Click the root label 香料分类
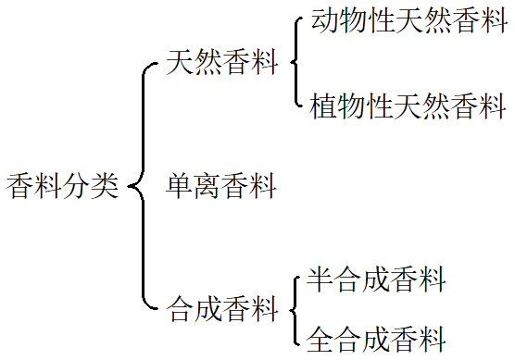tap(63, 186)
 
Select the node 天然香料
tap(221, 63)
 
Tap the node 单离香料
tap(221, 186)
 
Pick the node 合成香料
tap(222, 308)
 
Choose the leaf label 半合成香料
tap(375, 279)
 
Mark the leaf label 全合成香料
tap(375, 338)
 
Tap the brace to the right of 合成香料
tap(295, 308)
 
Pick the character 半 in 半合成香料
tap(320, 279)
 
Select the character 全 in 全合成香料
tap(320, 338)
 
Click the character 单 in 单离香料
tap(180, 186)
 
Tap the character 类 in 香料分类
tap(106, 186)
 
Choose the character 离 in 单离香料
tap(207, 186)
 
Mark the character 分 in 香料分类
tap(78, 186)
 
